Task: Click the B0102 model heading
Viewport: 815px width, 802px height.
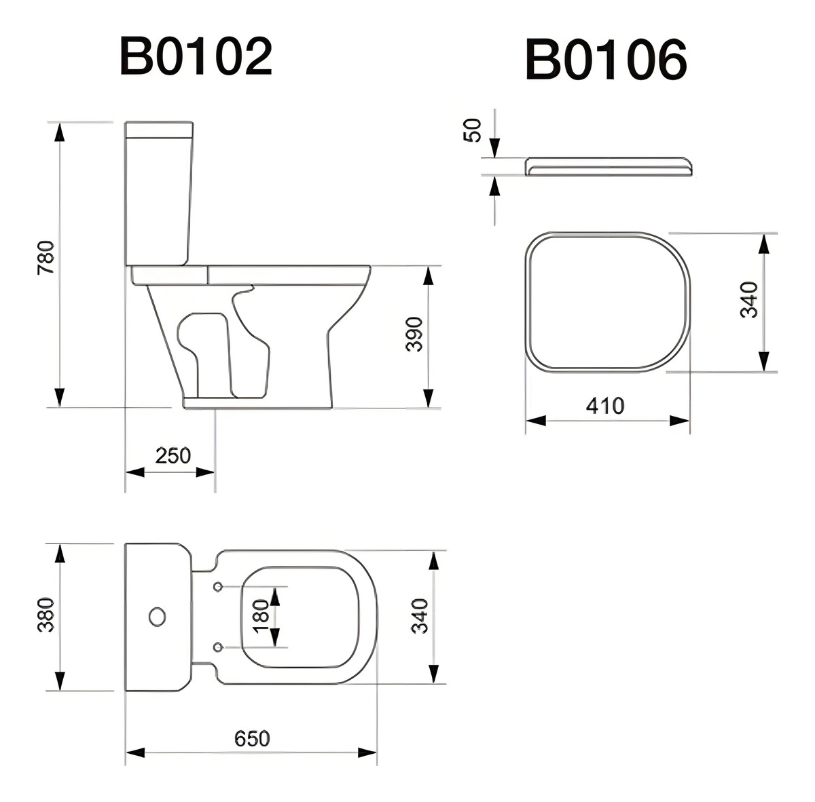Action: (x=196, y=56)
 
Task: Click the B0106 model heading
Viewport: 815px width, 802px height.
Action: (x=606, y=60)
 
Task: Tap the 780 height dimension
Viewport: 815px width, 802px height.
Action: (x=46, y=257)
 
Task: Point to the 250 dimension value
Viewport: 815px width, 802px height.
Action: (x=173, y=455)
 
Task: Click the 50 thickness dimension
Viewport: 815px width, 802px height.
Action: (x=473, y=130)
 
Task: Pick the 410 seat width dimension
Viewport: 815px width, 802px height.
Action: (x=605, y=406)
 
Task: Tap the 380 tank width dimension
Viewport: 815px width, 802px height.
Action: (x=46, y=615)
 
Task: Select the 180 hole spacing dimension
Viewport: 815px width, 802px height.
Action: (x=261, y=616)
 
